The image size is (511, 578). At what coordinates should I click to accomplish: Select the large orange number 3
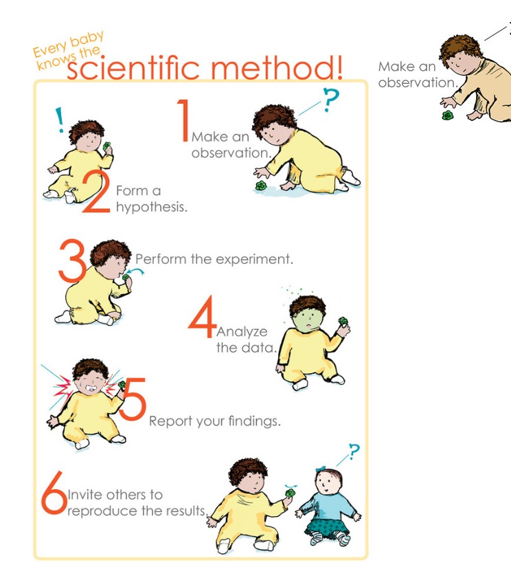[72, 260]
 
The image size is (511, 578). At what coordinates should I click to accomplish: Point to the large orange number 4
[202, 316]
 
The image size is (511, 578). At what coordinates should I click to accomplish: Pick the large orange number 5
[133, 399]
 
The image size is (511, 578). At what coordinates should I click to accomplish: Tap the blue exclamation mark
[59, 120]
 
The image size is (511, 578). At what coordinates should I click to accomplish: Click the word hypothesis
[151, 207]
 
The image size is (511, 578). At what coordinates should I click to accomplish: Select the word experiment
[254, 259]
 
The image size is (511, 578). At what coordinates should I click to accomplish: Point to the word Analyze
[242, 332]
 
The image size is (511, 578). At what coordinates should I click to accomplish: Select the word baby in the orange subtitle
[87, 38]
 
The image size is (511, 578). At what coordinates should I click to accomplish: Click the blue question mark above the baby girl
[354, 451]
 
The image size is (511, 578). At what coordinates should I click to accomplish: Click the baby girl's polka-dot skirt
[326, 524]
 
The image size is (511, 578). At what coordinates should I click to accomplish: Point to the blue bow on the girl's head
[321, 469]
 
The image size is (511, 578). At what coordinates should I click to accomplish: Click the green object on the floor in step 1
[261, 186]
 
